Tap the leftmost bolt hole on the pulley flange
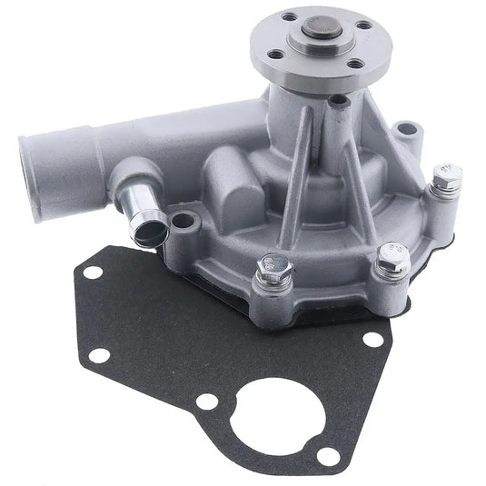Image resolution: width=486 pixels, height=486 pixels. click(289, 17)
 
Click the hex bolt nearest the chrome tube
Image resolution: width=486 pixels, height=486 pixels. click(273, 268)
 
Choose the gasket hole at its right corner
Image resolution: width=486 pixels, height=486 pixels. click(372, 339)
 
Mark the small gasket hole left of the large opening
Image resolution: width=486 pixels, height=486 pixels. click(209, 401)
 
